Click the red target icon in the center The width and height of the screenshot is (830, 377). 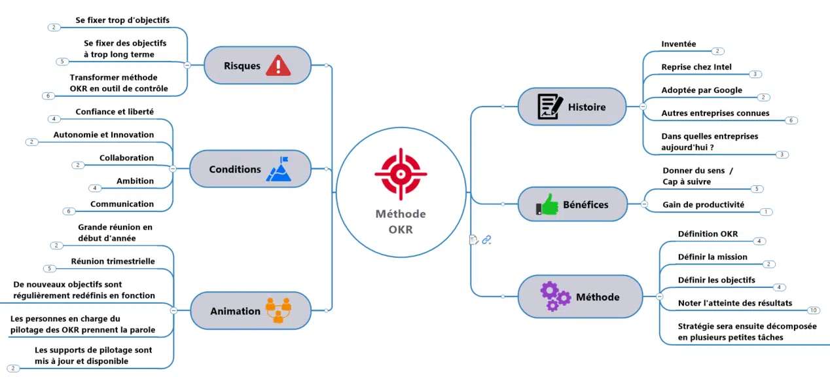(x=401, y=174)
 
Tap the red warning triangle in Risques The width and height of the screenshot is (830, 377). (x=278, y=65)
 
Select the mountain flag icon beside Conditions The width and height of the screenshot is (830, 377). (x=280, y=169)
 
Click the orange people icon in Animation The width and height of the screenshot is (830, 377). (x=278, y=310)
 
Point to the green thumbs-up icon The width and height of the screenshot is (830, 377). (x=547, y=204)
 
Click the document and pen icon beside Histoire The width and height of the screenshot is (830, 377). (x=550, y=107)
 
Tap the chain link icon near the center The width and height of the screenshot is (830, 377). (x=486, y=240)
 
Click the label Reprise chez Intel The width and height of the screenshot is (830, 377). (x=696, y=67)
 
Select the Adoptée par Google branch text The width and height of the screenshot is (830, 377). (x=702, y=90)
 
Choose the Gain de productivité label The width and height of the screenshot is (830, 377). (x=703, y=204)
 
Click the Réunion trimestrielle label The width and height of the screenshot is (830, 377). (x=113, y=261)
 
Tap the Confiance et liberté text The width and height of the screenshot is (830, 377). (x=115, y=112)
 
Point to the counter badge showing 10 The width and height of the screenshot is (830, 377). (x=813, y=310)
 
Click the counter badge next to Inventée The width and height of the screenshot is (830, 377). (x=717, y=51)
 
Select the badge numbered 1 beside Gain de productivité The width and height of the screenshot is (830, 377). (x=766, y=212)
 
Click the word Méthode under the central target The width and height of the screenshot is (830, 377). (x=401, y=214)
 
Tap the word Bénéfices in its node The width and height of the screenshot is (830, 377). (x=586, y=204)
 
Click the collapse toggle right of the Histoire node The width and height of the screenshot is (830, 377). (x=643, y=107)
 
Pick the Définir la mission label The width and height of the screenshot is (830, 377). (x=712, y=257)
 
